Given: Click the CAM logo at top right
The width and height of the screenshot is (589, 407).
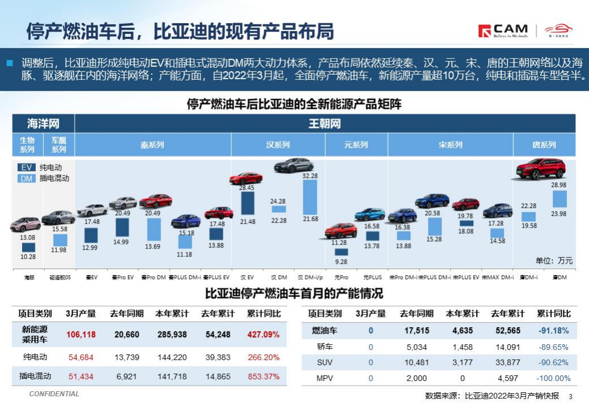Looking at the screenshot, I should point(503,31).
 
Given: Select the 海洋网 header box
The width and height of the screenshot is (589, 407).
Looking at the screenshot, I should point(44,123).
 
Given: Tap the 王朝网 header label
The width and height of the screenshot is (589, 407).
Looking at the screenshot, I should point(324,123).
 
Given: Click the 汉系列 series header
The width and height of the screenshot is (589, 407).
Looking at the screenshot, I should point(278,145).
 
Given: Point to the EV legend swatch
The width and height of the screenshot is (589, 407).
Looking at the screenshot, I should point(27,168).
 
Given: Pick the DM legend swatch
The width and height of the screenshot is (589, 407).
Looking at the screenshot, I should point(27,178).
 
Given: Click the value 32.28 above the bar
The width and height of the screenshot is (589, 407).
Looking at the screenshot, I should point(310,176).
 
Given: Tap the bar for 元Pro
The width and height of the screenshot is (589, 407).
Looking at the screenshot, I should point(341,252).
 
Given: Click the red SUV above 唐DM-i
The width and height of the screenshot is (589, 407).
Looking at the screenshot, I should point(541,169).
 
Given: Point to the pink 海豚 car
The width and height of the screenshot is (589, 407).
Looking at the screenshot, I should point(26,224).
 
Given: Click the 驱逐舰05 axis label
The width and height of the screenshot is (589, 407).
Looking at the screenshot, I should point(59,278).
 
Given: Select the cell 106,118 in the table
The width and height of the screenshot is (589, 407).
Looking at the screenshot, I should point(81,335).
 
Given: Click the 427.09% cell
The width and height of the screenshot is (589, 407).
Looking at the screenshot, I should point(263,335).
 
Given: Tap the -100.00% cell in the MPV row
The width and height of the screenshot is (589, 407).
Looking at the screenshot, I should point(553,378).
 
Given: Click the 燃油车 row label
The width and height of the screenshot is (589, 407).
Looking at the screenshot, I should point(325,331).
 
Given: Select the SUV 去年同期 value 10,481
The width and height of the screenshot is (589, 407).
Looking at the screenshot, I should point(417,363).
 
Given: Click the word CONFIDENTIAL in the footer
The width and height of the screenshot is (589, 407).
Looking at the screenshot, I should point(54,394).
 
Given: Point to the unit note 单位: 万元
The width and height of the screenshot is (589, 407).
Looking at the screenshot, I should point(554,261).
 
